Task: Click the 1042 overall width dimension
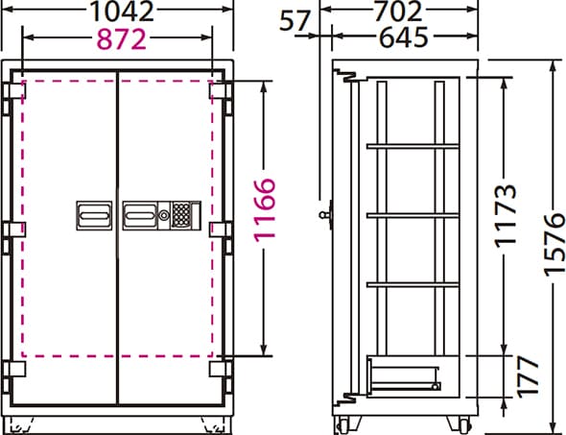(x=121, y=11)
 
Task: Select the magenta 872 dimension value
(x=122, y=39)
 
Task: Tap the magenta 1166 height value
(x=264, y=210)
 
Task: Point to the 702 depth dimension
(x=398, y=11)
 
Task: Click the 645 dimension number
(x=403, y=37)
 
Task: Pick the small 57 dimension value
(x=295, y=20)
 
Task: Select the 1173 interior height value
(x=506, y=216)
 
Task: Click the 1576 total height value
(x=554, y=245)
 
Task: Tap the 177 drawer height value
(x=528, y=376)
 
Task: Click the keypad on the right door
(x=181, y=215)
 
